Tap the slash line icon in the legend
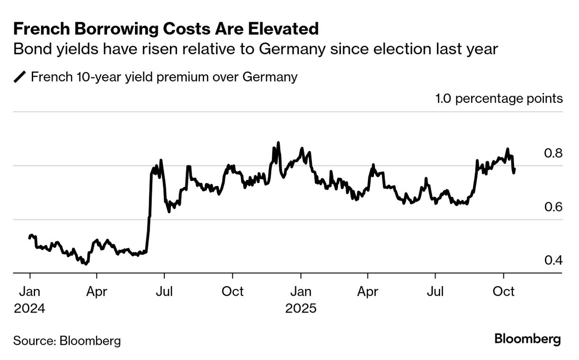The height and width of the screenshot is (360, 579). (20, 77)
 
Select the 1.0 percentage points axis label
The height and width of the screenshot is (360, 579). (499, 99)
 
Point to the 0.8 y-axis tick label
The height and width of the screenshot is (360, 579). (552, 153)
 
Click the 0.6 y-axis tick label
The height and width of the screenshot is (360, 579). (552, 207)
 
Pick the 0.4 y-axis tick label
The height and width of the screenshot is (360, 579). (552, 261)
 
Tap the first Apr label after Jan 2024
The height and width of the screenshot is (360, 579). (97, 291)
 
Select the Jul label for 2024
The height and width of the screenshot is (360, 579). (164, 291)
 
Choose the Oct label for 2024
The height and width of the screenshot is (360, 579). (232, 291)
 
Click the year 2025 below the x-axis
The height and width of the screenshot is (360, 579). (300, 308)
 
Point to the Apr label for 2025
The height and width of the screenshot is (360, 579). (368, 291)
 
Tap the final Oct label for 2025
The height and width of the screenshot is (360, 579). (503, 291)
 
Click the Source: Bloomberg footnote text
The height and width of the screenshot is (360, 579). (67, 341)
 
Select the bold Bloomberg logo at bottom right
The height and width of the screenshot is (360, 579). (527, 339)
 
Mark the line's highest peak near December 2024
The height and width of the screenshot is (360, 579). (278, 143)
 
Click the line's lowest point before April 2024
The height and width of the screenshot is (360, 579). (86, 264)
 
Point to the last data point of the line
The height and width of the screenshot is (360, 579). (515, 169)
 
